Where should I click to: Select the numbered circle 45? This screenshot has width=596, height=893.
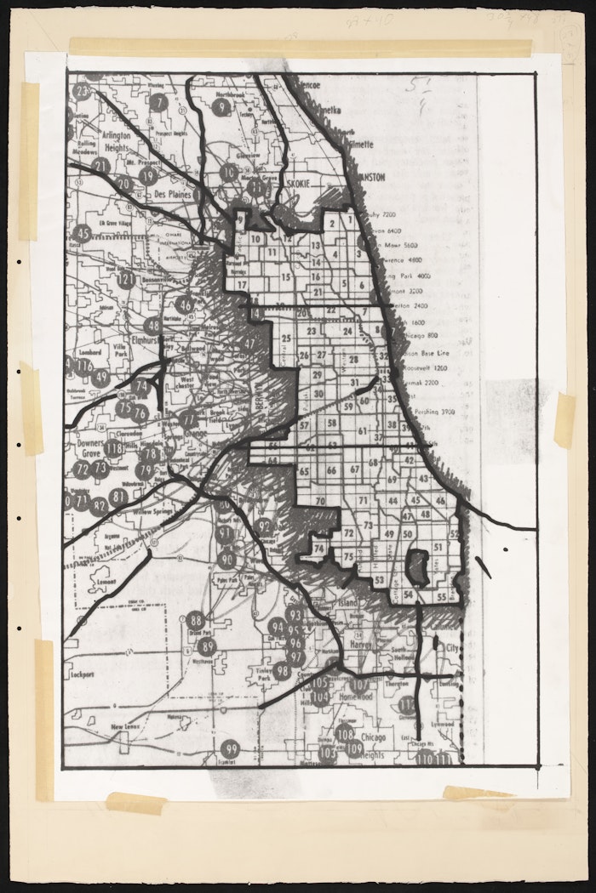point(82,233)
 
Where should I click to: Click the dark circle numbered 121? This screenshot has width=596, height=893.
point(126,279)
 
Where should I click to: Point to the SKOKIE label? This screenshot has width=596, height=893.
point(300,183)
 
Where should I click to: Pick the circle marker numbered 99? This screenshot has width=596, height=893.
point(230,749)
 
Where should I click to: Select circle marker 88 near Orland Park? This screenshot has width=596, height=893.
point(196,620)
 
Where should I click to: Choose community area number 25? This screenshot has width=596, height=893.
point(287,338)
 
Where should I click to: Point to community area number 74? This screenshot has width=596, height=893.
point(318,549)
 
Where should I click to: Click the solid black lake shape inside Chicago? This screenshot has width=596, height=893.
point(416,562)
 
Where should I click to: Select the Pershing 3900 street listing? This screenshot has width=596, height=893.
point(431,411)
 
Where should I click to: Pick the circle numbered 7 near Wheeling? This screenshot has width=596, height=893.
point(158,103)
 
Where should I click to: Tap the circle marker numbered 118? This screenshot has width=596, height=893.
point(113,448)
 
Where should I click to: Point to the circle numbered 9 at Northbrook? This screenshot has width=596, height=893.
point(221,107)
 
